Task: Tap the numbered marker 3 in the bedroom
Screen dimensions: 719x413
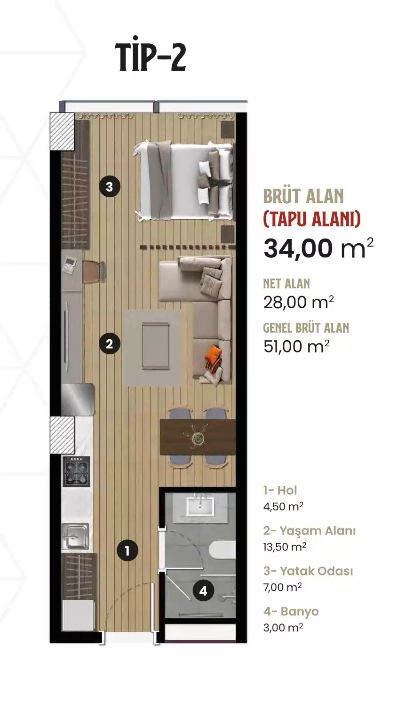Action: pos(109,187)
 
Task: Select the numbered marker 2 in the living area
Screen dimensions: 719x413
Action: pos(109,344)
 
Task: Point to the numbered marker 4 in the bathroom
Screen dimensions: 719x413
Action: pos(203,591)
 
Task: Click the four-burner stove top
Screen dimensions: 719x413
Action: pos(76,471)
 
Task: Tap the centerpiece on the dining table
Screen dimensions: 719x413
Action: pos(198,437)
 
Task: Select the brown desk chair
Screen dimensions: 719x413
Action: pos(94,272)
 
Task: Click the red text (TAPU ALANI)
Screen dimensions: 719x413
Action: pos(312,219)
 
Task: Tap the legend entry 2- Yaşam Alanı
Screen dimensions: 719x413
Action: pos(309,531)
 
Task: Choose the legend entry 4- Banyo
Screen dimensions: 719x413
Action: pos(291,611)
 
